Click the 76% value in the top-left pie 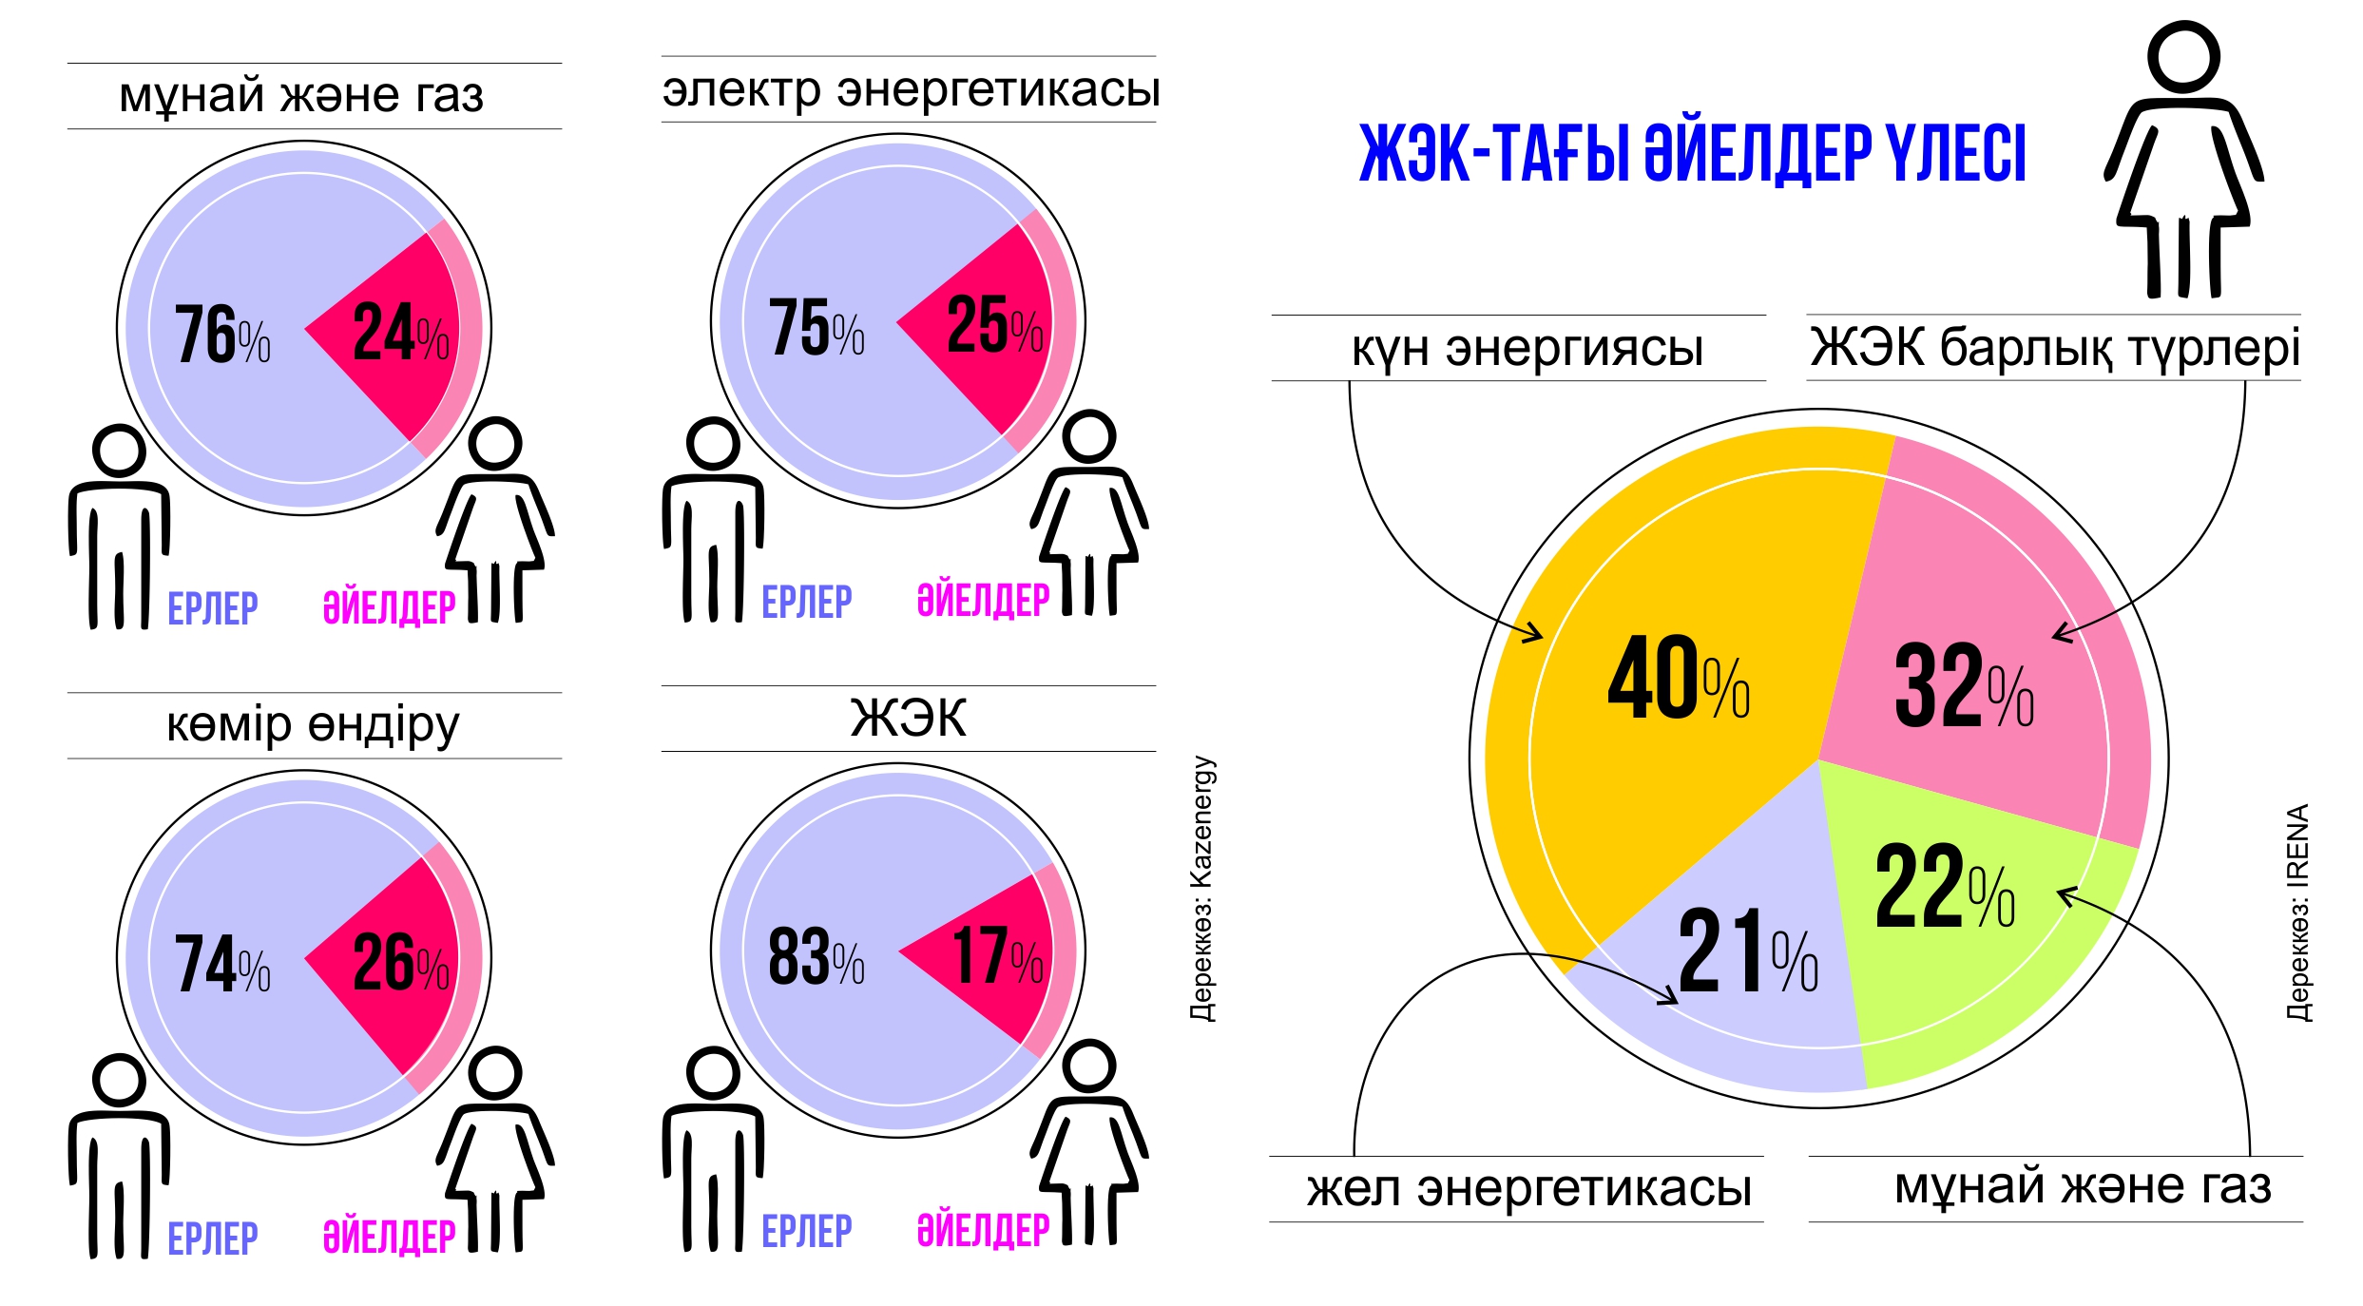[222, 335]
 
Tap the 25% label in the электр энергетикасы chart [994, 325]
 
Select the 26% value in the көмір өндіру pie [400, 963]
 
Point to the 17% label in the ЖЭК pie [996, 956]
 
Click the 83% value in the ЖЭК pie [816, 956]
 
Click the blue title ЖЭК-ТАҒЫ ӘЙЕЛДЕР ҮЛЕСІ [1692, 153]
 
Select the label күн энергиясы [1527, 348]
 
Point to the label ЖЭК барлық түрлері [2054, 347]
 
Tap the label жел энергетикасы [1528, 1189]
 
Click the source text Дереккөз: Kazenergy [1202, 889]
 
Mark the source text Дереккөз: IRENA [2297, 912]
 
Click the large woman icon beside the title [2183, 162]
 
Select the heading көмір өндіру [313, 725]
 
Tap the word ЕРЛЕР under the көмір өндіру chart [213, 1239]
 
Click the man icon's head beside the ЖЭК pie [713, 1073]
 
